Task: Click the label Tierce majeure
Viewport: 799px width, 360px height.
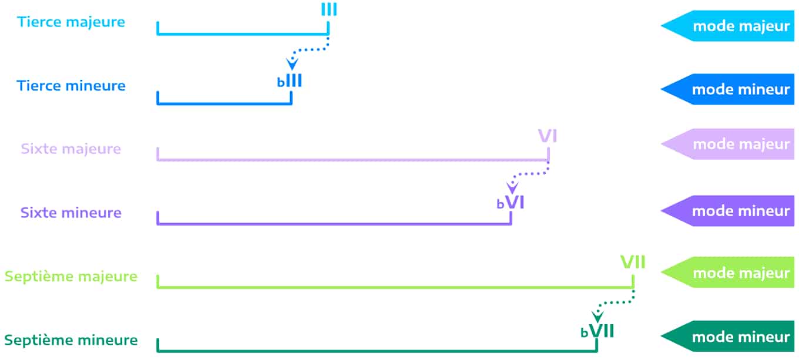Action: pos(71,22)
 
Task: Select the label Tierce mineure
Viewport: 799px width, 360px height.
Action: pos(71,86)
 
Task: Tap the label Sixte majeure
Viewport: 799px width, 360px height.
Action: pos(71,149)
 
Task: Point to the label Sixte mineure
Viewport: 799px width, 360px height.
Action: pos(71,213)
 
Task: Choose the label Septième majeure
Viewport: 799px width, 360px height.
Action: pos(71,276)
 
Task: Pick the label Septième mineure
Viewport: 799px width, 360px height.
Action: pos(71,339)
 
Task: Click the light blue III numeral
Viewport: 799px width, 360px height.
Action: pos(329,10)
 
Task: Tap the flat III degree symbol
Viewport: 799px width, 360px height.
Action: pos(290,80)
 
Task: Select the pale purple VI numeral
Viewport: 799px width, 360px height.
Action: pos(548,137)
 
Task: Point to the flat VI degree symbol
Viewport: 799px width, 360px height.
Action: pos(510,203)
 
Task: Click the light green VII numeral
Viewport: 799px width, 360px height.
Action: pos(633,262)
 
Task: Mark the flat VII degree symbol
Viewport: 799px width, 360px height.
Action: pos(597,331)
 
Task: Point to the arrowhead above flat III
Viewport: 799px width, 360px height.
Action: pos(291,64)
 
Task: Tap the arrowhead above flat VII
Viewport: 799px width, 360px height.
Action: pos(597,317)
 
